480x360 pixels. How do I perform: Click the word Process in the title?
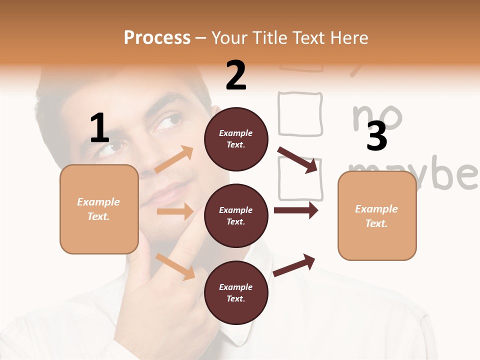click(x=157, y=37)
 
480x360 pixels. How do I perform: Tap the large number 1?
click(x=99, y=128)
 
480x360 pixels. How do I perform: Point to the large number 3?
click(x=376, y=136)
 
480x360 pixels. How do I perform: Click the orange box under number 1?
click(x=99, y=209)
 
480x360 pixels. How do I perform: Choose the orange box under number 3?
click(x=377, y=215)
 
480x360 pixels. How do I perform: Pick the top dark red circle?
click(x=236, y=139)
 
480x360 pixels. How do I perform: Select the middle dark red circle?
click(x=236, y=215)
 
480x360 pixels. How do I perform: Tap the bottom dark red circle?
click(x=236, y=292)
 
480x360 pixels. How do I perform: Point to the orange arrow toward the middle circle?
click(x=175, y=211)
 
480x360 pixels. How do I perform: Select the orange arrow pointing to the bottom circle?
click(x=175, y=266)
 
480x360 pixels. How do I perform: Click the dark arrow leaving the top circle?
click(x=298, y=159)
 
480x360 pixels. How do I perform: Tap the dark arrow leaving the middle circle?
click(x=296, y=210)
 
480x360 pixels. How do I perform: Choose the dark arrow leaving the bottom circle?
click(x=294, y=265)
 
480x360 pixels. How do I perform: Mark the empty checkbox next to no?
click(x=300, y=114)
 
